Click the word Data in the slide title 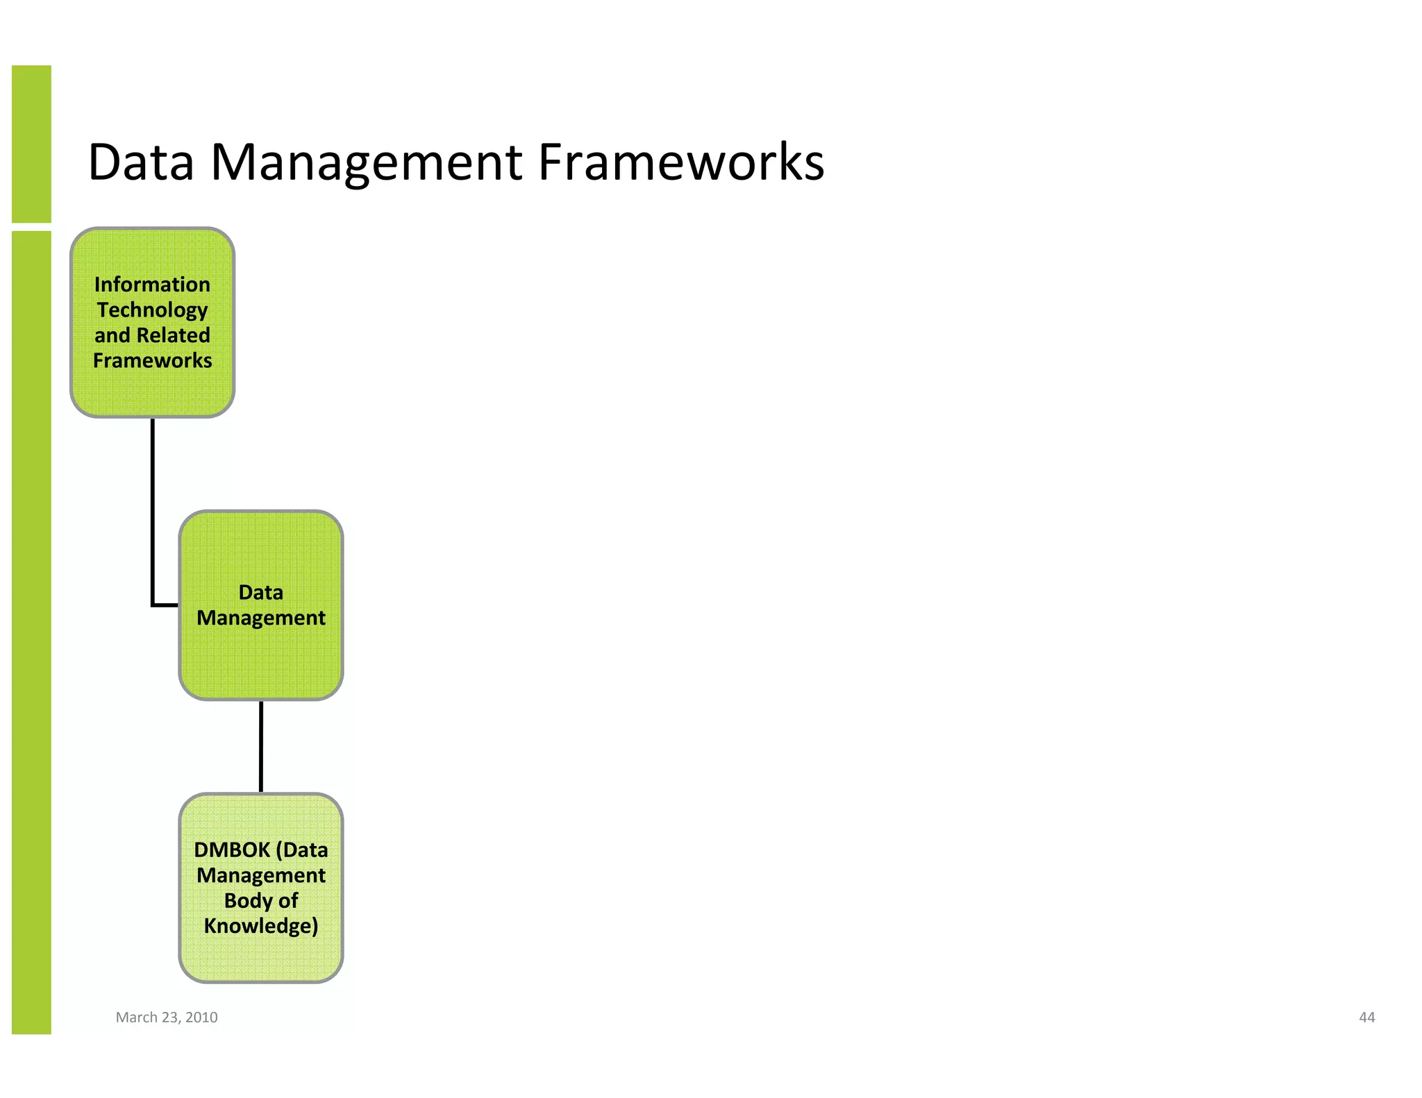coord(141,162)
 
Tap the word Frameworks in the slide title coord(681,162)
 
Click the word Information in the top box coord(152,285)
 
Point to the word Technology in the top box coord(152,310)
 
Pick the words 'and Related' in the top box coord(152,335)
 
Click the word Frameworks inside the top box coord(152,361)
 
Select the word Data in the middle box coord(260,592)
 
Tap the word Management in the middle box coord(260,618)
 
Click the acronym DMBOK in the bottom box coord(232,850)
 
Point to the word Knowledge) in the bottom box coord(260,926)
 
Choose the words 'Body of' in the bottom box coord(260,900)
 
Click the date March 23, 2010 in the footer coord(167,1017)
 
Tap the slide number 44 coord(1366,1017)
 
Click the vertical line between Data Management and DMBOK coord(261,747)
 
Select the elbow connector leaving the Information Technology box coord(153,514)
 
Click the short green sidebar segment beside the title coord(31,144)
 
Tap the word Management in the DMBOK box coord(260,875)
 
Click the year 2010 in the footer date coord(201,1017)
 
